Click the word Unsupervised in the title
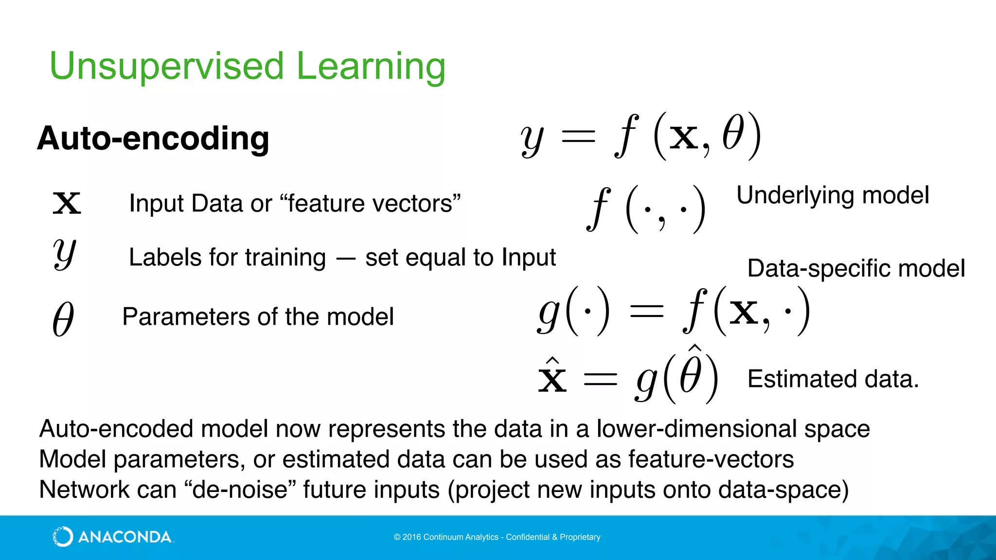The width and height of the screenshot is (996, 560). (x=166, y=67)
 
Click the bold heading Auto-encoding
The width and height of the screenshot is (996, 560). (x=153, y=139)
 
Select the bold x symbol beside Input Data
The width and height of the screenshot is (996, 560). (x=67, y=203)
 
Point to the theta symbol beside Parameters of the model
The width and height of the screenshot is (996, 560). (x=63, y=318)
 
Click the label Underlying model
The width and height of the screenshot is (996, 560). (x=832, y=195)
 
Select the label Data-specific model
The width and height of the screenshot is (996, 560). (x=855, y=268)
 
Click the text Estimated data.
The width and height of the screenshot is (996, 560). (x=833, y=379)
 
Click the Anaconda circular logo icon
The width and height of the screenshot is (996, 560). (x=62, y=537)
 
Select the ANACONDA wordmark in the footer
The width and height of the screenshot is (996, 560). (x=125, y=537)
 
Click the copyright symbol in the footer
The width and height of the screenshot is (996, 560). (x=397, y=537)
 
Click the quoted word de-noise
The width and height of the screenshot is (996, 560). (x=240, y=490)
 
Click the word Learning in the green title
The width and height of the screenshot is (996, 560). (x=371, y=67)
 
